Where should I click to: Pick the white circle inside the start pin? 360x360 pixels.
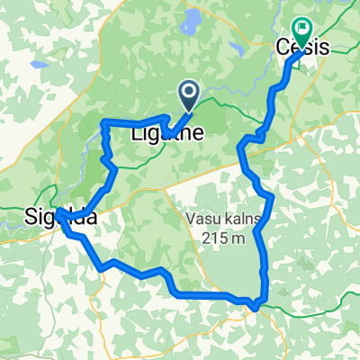190,89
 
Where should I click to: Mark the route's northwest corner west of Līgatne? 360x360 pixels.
104,121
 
